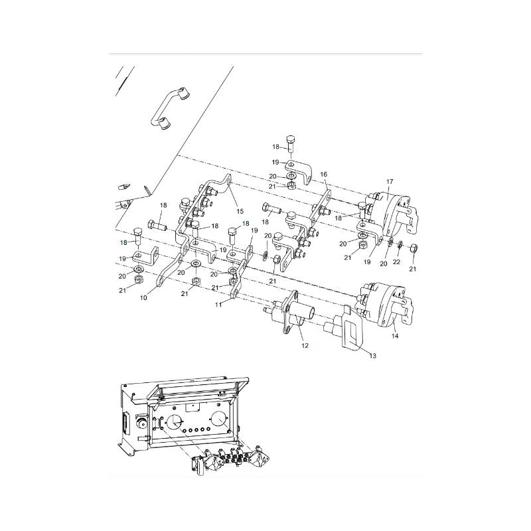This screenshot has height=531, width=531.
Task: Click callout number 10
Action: (143, 298)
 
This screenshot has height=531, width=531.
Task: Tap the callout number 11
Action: (218, 305)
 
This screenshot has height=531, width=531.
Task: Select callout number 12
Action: (305, 346)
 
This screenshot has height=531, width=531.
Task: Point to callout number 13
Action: (372, 356)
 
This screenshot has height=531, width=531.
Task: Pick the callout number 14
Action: (395, 336)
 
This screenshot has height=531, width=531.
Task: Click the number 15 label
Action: (240, 212)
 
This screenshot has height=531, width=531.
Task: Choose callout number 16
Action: (323, 175)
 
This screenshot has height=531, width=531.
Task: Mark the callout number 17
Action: (390, 182)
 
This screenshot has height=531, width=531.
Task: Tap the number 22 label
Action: (396, 262)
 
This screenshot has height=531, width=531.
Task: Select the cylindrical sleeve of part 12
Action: (302, 311)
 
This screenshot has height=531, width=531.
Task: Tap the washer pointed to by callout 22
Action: (400, 244)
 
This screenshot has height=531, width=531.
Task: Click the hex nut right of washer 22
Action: (413, 248)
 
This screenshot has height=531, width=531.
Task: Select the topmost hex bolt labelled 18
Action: (291, 144)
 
